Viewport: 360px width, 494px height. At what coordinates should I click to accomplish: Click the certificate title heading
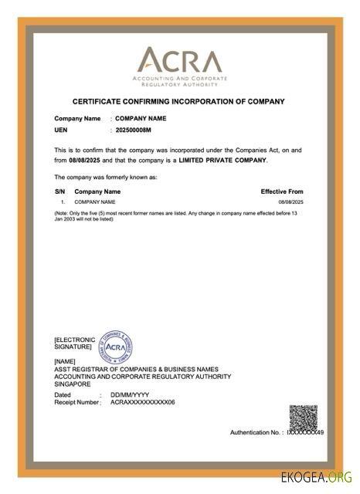178,101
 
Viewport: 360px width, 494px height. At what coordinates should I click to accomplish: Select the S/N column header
59,191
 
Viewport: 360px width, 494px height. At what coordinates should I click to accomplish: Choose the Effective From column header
281,191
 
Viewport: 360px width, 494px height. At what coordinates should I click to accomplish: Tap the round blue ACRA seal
115,347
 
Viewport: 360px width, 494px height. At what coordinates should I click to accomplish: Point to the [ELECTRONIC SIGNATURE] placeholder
74,343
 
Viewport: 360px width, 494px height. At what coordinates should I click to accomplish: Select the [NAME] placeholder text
65,361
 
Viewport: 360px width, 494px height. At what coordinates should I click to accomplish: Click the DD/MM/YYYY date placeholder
128,394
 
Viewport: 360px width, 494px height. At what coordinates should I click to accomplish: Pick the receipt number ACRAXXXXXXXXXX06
143,402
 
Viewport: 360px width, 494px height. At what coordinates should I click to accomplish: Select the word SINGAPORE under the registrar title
73,384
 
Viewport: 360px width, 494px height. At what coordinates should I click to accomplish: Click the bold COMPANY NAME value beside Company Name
141,118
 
